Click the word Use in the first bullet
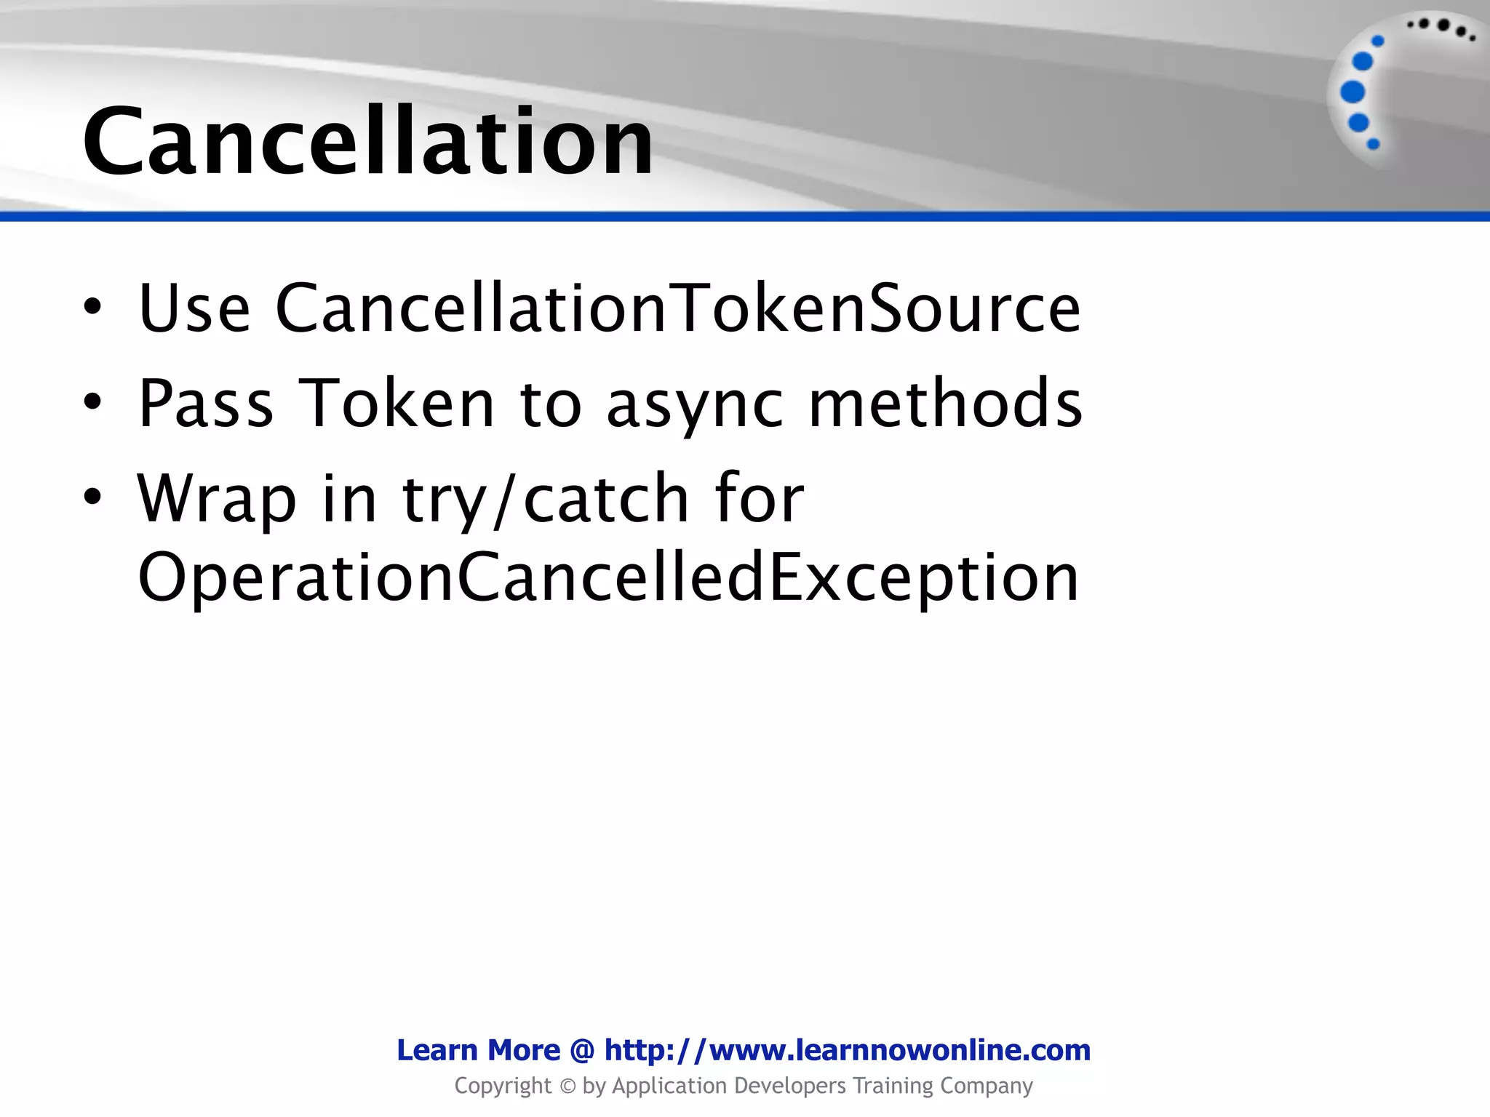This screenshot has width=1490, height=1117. [x=194, y=308]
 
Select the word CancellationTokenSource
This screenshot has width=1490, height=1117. [x=678, y=308]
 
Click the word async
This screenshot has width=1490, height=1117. [x=695, y=404]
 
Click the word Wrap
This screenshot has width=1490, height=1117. [x=217, y=499]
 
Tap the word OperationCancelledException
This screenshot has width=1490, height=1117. [x=608, y=578]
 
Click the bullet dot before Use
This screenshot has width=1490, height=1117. [x=92, y=308]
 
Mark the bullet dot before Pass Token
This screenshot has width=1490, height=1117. [x=92, y=402]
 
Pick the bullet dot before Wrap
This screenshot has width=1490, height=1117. [x=92, y=497]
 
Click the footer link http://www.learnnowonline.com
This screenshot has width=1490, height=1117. [x=848, y=1050]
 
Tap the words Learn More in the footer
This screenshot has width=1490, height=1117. [x=478, y=1050]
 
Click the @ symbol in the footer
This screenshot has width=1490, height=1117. [x=582, y=1051]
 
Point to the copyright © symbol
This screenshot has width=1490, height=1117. [x=567, y=1086]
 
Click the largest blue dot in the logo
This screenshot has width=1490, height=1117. [x=1352, y=92]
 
